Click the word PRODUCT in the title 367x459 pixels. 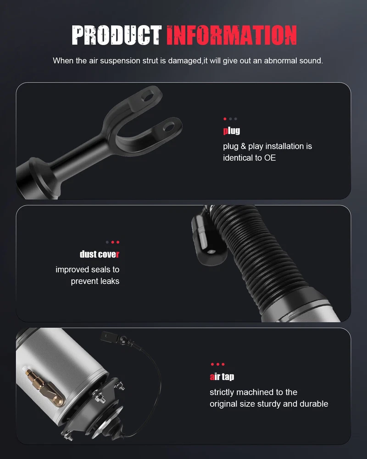point(117,35)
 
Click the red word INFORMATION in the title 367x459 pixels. point(232,35)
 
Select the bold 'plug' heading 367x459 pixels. point(232,130)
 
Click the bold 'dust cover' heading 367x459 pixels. point(100,254)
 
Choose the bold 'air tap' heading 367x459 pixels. point(222,376)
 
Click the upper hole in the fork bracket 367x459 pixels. point(148,95)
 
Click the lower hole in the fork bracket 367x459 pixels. point(168,127)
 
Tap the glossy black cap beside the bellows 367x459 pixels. point(208,241)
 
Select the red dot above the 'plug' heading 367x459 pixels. point(225,119)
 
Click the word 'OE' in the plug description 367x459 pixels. point(270,158)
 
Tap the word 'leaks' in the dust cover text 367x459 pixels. point(110,281)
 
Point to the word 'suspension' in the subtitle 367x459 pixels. point(120,61)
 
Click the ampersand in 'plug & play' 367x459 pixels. point(243,146)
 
